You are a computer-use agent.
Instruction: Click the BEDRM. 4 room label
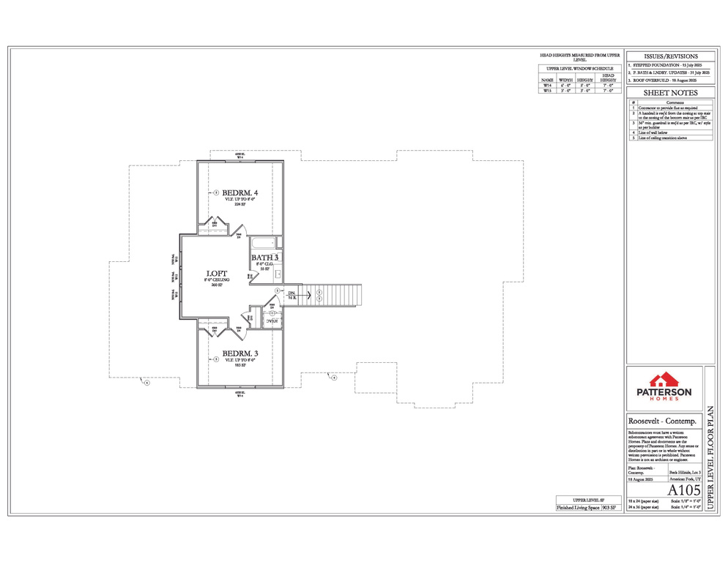tap(240, 192)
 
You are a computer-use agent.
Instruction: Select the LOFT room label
tap(216, 274)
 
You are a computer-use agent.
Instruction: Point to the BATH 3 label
tap(265, 258)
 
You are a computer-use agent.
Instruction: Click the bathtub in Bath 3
tap(263, 244)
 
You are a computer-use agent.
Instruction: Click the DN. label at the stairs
tap(291, 293)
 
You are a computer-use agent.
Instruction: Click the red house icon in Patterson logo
tap(664, 379)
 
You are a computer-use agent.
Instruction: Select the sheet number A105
tap(683, 489)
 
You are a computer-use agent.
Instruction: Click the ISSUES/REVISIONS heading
tap(670, 56)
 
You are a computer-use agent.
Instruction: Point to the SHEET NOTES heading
tap(670, 93)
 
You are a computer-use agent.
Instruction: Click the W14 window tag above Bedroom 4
tap(239, 157)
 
